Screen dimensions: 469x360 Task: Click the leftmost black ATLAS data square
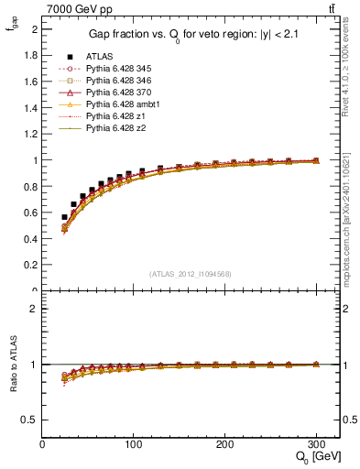click(64, 217)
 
